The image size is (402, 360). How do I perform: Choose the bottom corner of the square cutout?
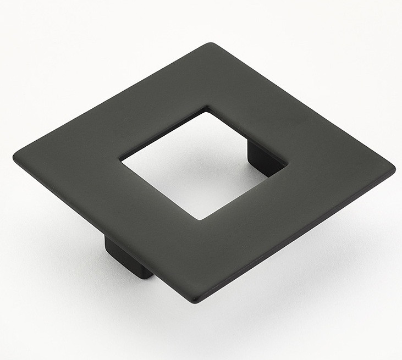coord(201,219)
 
